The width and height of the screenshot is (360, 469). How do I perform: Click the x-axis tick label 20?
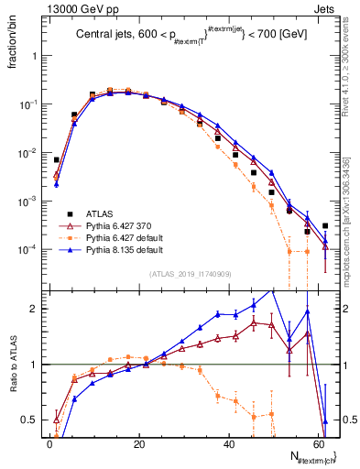pyautogui.click(x=138, y=443)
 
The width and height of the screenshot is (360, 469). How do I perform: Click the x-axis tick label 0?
pyautogui.click(x=49, y=443)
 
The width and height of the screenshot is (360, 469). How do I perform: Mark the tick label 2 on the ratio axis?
pyautogui.click(x=33, y=309)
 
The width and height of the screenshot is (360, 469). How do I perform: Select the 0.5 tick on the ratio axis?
pyautogui.click(x=28, y=420)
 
